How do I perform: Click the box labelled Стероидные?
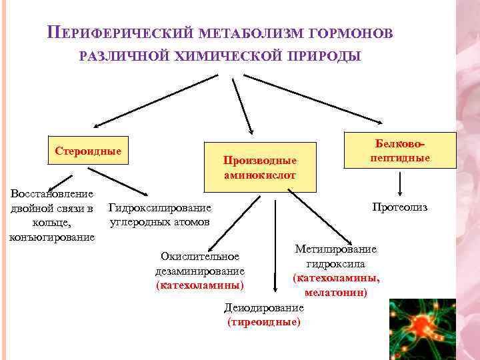click(x=88, y=151)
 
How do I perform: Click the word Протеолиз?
click(x=400, y=207)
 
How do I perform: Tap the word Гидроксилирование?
click(x=159, y=208)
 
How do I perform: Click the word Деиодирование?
click(x=264, y=308)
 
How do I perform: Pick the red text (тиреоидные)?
click(x=264, y=322)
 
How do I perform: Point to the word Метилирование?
click(x=336, y=249)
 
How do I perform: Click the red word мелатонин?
click(x=336, y=292)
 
